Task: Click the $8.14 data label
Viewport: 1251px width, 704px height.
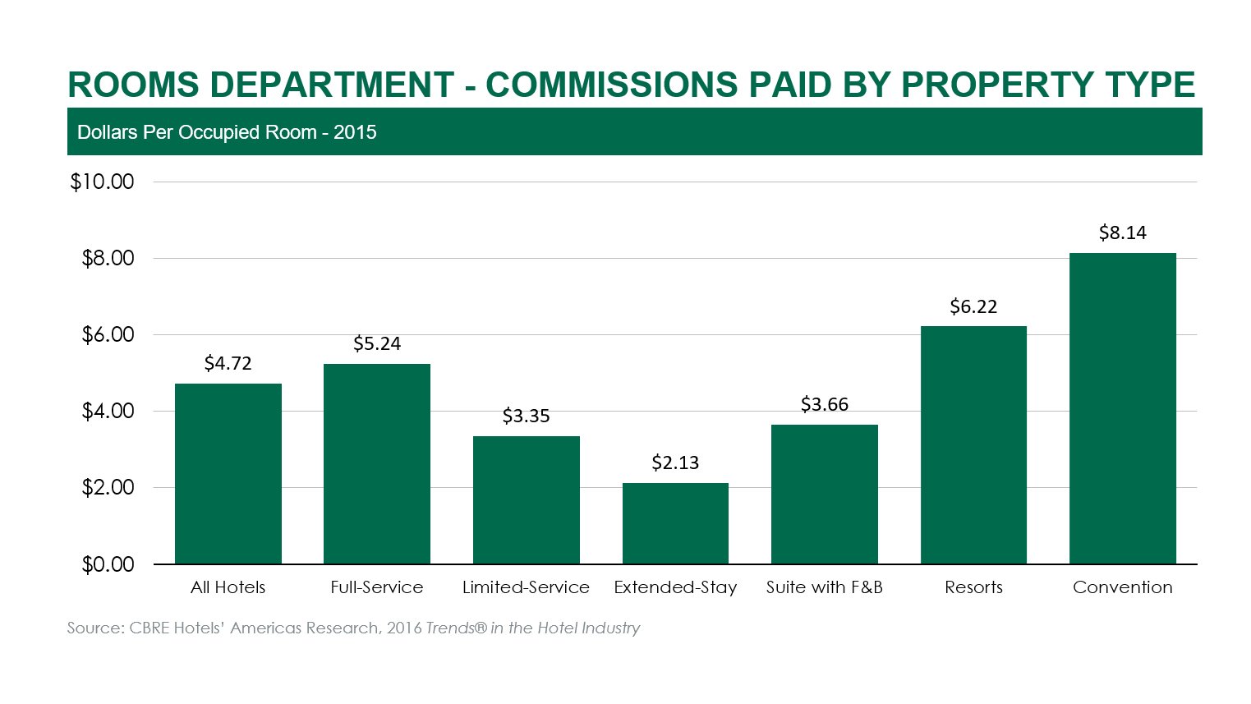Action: tap(1122, 233)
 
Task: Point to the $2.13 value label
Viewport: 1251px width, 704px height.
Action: tap(675, 463)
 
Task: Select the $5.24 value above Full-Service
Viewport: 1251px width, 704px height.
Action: tap(377, 344)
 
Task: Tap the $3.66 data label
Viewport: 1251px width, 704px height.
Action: tap(824, 405)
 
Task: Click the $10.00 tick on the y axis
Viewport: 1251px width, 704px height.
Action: tap(102, 182)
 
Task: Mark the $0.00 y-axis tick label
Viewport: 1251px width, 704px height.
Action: tap(108, 565)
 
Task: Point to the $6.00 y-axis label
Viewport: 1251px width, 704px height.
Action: tap(108, 335)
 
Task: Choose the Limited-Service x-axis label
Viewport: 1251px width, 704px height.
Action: tap(526, 587)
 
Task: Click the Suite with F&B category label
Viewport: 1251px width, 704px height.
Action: tap(824, 587)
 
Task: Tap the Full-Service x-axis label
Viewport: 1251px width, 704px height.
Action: tap(377, 587)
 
